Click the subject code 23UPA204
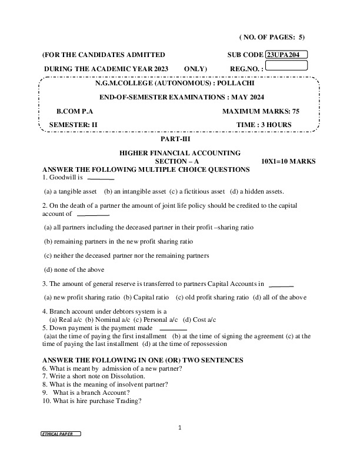pos(286,55)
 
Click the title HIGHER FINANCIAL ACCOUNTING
pos(180,153)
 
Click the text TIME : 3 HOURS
pos(264,125)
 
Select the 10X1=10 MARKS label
pos(288,161)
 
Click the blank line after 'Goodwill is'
pos(101,177)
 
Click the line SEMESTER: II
pos(73,125)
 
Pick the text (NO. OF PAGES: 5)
pos(272,37)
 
